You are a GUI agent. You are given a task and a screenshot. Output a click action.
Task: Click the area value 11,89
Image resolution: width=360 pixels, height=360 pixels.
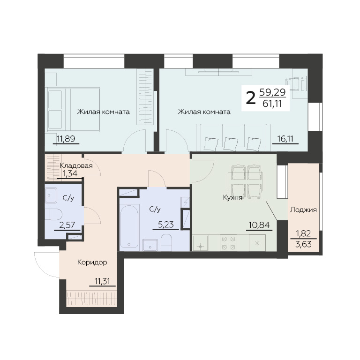pos(66,139)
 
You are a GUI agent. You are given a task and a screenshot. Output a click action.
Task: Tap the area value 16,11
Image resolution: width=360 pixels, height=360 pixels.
pos(285,139)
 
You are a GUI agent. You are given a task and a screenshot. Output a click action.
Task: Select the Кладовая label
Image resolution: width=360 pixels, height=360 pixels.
pos(76,166)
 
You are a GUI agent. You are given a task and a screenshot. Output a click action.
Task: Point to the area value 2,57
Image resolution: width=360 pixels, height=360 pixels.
pos(67,225)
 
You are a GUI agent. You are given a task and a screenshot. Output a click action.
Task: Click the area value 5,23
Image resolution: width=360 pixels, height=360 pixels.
pos(166,225)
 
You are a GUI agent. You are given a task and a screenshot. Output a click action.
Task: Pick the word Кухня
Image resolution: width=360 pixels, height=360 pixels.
pos(233,198)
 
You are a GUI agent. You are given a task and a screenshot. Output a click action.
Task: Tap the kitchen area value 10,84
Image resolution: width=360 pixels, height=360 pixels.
pos(259,225)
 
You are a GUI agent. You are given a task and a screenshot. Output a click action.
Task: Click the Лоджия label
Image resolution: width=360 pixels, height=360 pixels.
pos(304,210)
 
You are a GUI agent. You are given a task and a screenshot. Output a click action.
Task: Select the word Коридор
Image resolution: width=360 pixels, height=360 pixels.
pos(92,262)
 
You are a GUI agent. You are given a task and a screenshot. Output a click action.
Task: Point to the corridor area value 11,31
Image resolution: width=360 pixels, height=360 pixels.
pos(102,281)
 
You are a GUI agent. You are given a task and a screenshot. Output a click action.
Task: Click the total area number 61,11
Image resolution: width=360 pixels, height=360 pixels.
pos(272,104)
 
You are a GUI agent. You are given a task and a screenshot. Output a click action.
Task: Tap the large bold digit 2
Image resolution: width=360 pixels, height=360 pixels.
pos(250,98)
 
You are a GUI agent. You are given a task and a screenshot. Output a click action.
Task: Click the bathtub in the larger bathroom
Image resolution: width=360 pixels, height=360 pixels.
pos(129,225)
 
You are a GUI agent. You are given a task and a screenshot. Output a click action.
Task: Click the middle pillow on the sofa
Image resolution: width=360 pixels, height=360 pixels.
pos(231,142)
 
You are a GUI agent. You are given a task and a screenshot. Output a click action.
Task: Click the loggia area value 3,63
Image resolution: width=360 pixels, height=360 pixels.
pos(304,244)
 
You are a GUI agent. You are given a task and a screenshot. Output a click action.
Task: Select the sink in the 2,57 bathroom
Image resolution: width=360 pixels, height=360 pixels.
pos(51,195)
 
